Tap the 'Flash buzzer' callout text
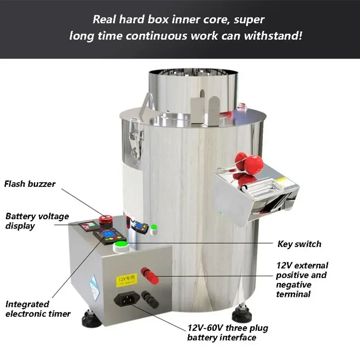(x=30, y=184)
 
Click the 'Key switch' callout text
(x=299, y=244)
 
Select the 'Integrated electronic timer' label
(x=38, y=309)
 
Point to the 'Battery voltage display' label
(x=37, y=220)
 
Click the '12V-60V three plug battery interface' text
(x=228, y=333)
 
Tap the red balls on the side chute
(x=248, y=164)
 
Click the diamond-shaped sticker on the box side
(x=93, y=284)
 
